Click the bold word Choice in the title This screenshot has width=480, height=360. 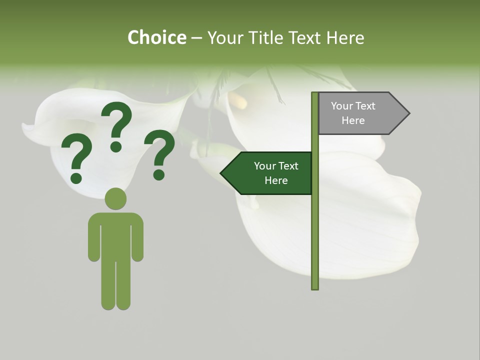(x=156, y=38)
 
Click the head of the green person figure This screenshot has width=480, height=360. (x=115, y=198)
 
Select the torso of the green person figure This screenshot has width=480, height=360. (x=115, y=235)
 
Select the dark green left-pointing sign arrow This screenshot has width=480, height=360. (x=270, y=173)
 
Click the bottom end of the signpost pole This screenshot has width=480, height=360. (x=315, y=287)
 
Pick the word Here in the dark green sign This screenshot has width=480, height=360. (x=276, y=180)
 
